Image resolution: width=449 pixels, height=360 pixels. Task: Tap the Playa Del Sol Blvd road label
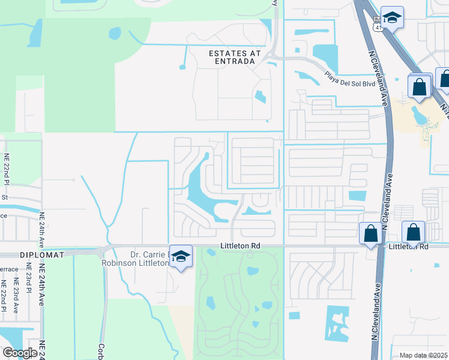pos(349,79)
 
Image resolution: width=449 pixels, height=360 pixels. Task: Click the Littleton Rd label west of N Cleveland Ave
pos(240,245)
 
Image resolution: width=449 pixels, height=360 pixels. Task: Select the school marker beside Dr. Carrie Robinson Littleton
pos(180,257)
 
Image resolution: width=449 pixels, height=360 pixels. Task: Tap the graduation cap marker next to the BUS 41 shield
pos(392,18)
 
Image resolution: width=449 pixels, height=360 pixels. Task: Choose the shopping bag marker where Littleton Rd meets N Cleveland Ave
pos(370,233)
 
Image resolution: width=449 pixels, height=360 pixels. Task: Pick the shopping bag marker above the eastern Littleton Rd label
pos(413,233)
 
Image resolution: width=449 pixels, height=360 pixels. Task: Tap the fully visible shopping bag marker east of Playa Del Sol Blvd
pos(420,86)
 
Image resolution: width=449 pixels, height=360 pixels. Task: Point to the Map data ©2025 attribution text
pos(423,355)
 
